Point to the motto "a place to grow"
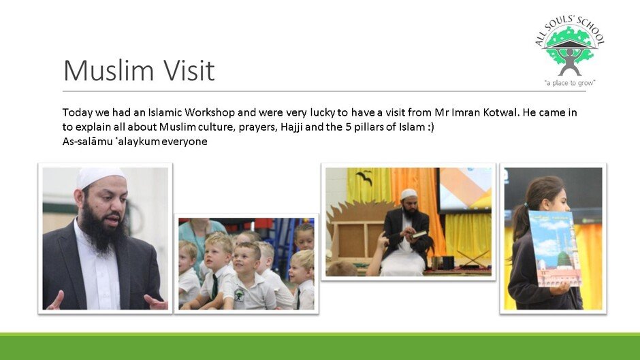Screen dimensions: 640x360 (569, 83)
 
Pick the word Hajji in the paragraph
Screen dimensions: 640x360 (291, 127)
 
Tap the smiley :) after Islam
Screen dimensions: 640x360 (430, 127)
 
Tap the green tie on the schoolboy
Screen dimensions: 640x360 (214, 286)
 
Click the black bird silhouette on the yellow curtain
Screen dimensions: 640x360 (364, 177)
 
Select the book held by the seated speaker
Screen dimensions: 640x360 (419, 234)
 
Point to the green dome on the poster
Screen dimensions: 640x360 (564, 258)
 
